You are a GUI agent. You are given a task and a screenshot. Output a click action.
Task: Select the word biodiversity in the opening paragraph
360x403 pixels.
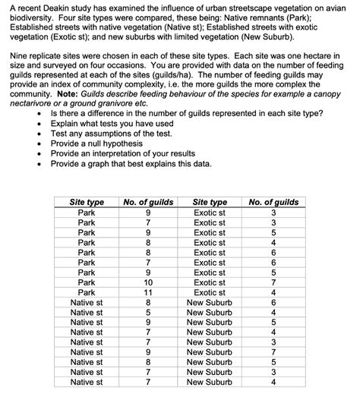click(31, 18)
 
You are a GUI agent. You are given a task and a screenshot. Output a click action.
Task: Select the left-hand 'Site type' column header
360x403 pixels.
click(87, 203)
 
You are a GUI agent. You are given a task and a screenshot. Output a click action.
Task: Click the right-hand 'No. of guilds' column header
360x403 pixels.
click(273, 203)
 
